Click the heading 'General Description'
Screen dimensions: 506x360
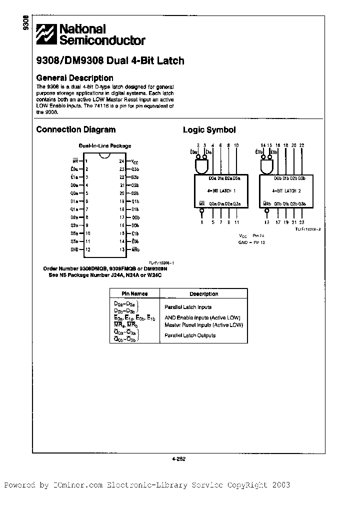74,78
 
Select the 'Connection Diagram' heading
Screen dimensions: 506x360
75,129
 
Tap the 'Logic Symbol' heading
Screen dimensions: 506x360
209,130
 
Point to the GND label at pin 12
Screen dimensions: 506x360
74,249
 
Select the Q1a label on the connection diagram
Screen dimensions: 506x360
74,209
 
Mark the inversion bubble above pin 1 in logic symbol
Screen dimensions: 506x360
202,211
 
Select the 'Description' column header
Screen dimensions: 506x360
203,294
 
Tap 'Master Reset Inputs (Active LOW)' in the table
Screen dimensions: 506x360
203,325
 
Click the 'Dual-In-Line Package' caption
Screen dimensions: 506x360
104,146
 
